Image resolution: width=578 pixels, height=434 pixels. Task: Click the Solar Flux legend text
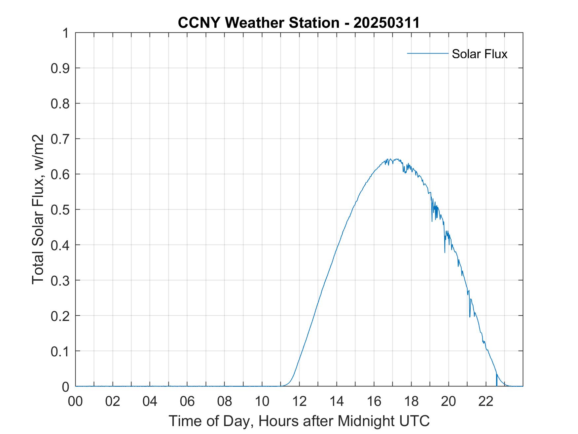(x=479, y=54)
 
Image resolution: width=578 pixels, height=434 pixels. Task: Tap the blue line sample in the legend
(x=427, y=53)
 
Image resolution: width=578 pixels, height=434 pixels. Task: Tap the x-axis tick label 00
(x=75, y=401)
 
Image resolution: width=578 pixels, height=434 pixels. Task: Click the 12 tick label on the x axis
(x=299, y=401)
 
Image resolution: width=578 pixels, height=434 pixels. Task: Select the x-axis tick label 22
(x=486, y=401)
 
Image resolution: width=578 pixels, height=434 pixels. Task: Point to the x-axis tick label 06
(x=187, y=401)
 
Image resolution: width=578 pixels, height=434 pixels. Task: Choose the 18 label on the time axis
(x=411, y=401)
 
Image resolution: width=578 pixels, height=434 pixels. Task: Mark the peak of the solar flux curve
(x=391, y=159)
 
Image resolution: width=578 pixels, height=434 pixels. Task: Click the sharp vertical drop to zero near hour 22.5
(x=496, y=380)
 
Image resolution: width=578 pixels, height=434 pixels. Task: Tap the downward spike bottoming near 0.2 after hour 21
(x=470, y=316)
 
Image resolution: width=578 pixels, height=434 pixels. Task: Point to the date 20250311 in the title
(x=386, y=23)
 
